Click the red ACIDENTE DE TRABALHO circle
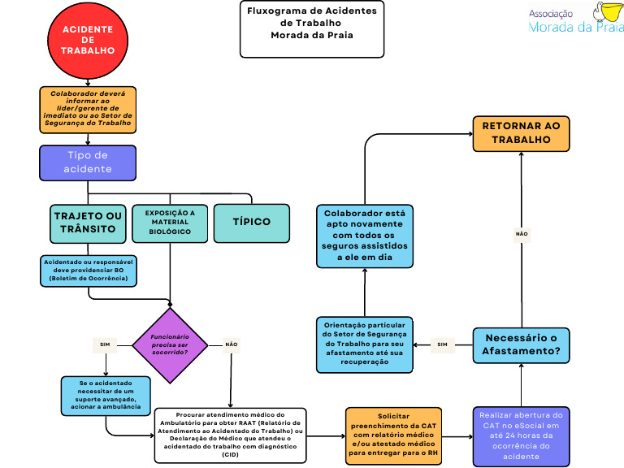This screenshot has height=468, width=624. pyautogui.click(x=88, y=41)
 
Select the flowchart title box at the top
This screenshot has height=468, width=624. pyautogui.click(x=312, y=29)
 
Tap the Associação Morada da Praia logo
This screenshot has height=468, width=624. pyautogui.click(x=576, y=18)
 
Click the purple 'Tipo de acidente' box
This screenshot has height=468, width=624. pyautogui.click(x=88, y=162)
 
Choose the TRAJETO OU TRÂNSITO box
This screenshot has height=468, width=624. pyautogui.click(x=88, y=223)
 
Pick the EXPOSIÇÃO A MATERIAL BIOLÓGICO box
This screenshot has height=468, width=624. pyautogui.click(x=170, y=223)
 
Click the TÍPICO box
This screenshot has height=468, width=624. pyautogui.click(x=252, y=223)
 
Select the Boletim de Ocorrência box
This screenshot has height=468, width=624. pyautogui.click(x=89, y=271)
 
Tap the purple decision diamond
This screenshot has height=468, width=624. pyautogui.click(x=170, y=345)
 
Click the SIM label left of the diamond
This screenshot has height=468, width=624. pyautogui.click(x=105, y=344)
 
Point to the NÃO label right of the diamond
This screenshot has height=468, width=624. pyautogui.click(x=232, y=344)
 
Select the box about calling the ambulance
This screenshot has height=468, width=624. pyautogui.click(x=106, y=396)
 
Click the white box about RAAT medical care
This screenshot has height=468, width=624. pyautogui.click(x=231, y=435)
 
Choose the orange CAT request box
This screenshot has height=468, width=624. pyautogui.click(x=393, y=435)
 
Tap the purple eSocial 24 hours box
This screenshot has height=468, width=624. pyautogui.click(x=521, y=436)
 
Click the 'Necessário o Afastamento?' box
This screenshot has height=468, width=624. pyautogui.click(x=521, y=345)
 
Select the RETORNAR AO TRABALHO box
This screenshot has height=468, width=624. pyautogui.click(x=521, y=133)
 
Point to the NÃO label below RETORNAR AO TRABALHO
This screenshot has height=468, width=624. pyautogui.click(x=522, y=234)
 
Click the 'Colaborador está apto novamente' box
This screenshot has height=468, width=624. pyautogui.click(x=365, y=236)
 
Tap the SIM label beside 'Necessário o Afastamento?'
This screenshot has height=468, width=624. pyautogui.click(x=442, y=344)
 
